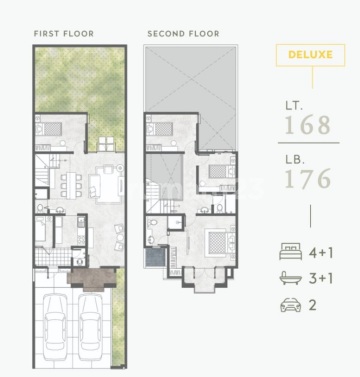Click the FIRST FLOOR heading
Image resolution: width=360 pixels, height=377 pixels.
point(64,34)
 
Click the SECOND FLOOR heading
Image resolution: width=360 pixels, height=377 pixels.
point(183,34)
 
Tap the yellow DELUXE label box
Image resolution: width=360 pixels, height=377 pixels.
point(310,55)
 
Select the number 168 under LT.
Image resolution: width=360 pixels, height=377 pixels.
point(308,125)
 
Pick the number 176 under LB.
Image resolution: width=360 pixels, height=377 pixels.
point(308,178)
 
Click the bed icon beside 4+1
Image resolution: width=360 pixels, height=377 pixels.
point(291,251)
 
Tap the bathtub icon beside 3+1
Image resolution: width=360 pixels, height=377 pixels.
point(291,278)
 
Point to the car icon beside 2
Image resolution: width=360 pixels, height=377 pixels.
point(291,305)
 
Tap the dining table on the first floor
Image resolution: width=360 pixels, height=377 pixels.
point(71,185)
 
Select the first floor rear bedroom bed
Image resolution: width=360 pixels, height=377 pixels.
point(49,128)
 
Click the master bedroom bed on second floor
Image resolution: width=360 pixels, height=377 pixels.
point(219,242)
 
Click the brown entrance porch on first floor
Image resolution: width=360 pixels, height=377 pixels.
point(92,278)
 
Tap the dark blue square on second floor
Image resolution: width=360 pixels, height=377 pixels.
point(156,257)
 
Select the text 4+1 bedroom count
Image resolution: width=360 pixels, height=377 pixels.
point(321,253)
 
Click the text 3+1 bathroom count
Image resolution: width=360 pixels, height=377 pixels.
point(321,278)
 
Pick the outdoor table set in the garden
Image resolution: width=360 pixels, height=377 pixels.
point(106,144)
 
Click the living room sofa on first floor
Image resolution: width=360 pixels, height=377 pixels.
point(95,186)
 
